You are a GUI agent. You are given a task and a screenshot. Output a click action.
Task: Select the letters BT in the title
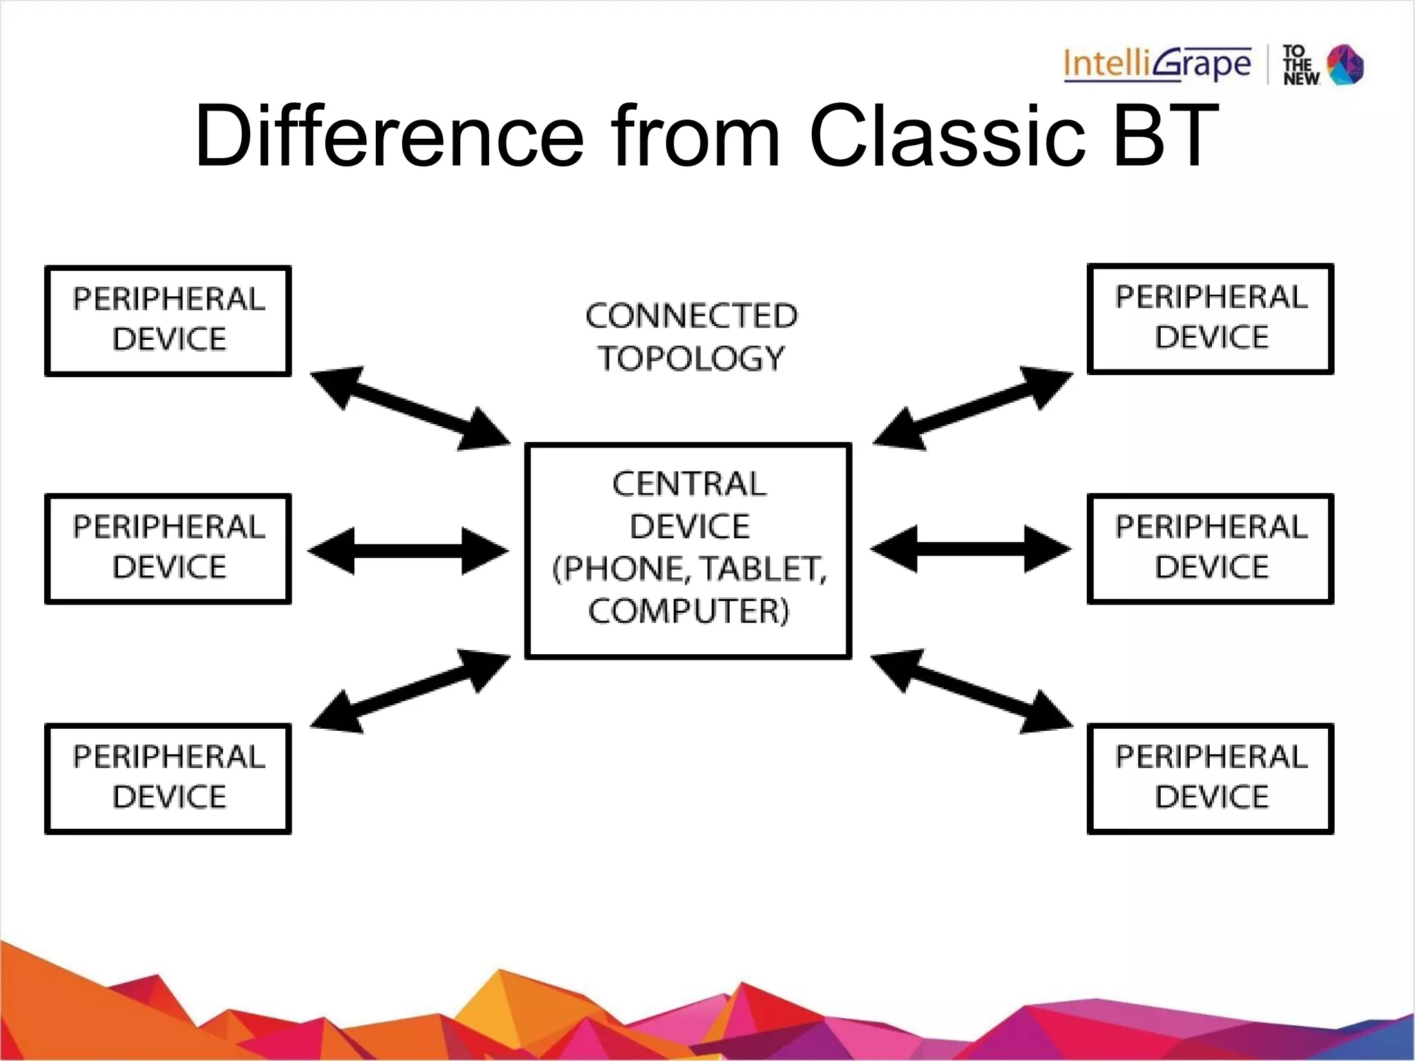(1166, 136)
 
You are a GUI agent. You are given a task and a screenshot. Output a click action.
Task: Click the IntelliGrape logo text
(1157, 65)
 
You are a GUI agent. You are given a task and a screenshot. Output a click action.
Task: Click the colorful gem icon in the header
(1345, 65)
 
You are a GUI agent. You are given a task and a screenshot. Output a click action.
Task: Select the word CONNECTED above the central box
(691, 316)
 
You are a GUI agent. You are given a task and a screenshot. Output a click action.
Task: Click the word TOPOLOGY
(691, 359)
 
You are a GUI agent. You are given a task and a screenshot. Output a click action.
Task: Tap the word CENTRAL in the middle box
(689, 484)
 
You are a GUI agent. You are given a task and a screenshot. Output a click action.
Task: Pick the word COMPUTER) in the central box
(689, 611)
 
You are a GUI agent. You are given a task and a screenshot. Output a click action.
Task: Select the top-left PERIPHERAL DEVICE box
(168, 321)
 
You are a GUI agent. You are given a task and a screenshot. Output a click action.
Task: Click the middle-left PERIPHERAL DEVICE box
(168, 548)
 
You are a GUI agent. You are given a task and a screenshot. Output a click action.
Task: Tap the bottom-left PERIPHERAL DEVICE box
(168, 778)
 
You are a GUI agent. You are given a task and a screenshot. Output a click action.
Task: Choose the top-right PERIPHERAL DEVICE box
(1210, 319)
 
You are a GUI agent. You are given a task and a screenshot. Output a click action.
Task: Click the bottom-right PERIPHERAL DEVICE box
(1210, 778)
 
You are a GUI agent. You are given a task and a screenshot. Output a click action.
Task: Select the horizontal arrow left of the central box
(408, 551)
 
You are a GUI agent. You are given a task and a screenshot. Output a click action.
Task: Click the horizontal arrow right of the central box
(971, 549)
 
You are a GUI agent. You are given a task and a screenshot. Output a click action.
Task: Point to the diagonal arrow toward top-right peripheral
(973, 408)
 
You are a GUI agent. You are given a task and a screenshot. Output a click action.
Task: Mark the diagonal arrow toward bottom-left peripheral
(410, 691)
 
